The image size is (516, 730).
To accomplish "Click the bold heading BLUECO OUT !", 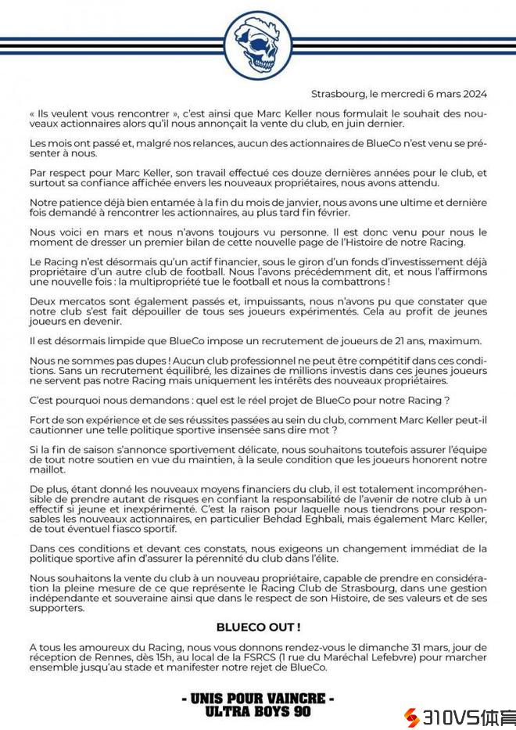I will coord(258,628).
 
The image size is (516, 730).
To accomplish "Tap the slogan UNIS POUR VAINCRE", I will coord(258,698).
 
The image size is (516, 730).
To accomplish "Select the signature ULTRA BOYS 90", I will coord(258,711).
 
